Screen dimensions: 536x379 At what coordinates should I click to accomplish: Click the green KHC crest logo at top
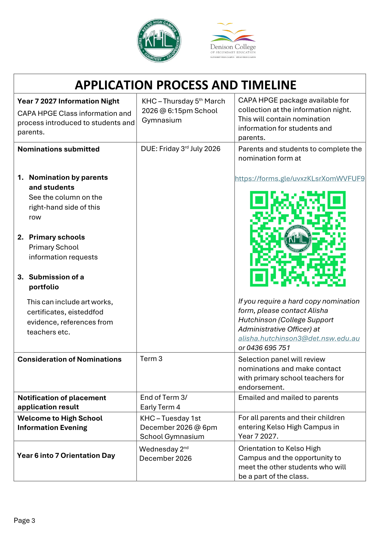coord(159,40)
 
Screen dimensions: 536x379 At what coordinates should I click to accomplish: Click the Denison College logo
coord(233,40)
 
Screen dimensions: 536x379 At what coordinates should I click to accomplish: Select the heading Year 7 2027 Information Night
coord(68,101)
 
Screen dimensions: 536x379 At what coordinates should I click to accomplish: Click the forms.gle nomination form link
coord(300,179)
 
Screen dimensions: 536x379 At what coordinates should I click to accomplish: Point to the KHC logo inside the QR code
coord(298,238)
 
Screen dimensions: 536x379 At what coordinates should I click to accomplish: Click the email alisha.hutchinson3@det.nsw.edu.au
coord(299,338)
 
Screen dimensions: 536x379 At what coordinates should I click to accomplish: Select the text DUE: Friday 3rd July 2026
coord(180,149)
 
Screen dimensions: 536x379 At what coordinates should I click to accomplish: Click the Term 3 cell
coord(151,359)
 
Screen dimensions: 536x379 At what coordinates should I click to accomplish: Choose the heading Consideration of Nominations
coord(69,359)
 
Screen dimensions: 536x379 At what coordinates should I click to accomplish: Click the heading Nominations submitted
coord(59,149)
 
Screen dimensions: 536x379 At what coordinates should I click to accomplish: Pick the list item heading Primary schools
coord(57,237)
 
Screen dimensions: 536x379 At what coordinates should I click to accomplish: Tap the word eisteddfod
coord(86,312)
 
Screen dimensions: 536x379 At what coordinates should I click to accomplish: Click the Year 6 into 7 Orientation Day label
coord(66,455)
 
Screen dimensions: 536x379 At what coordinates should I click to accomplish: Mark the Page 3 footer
coord(25,520)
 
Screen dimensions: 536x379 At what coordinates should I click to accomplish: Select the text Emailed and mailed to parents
coord(288,398)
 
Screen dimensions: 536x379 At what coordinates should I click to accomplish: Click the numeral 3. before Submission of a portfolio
coord(21,277)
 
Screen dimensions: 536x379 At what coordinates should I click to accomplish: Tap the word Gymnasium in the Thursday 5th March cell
coord(162,120)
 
